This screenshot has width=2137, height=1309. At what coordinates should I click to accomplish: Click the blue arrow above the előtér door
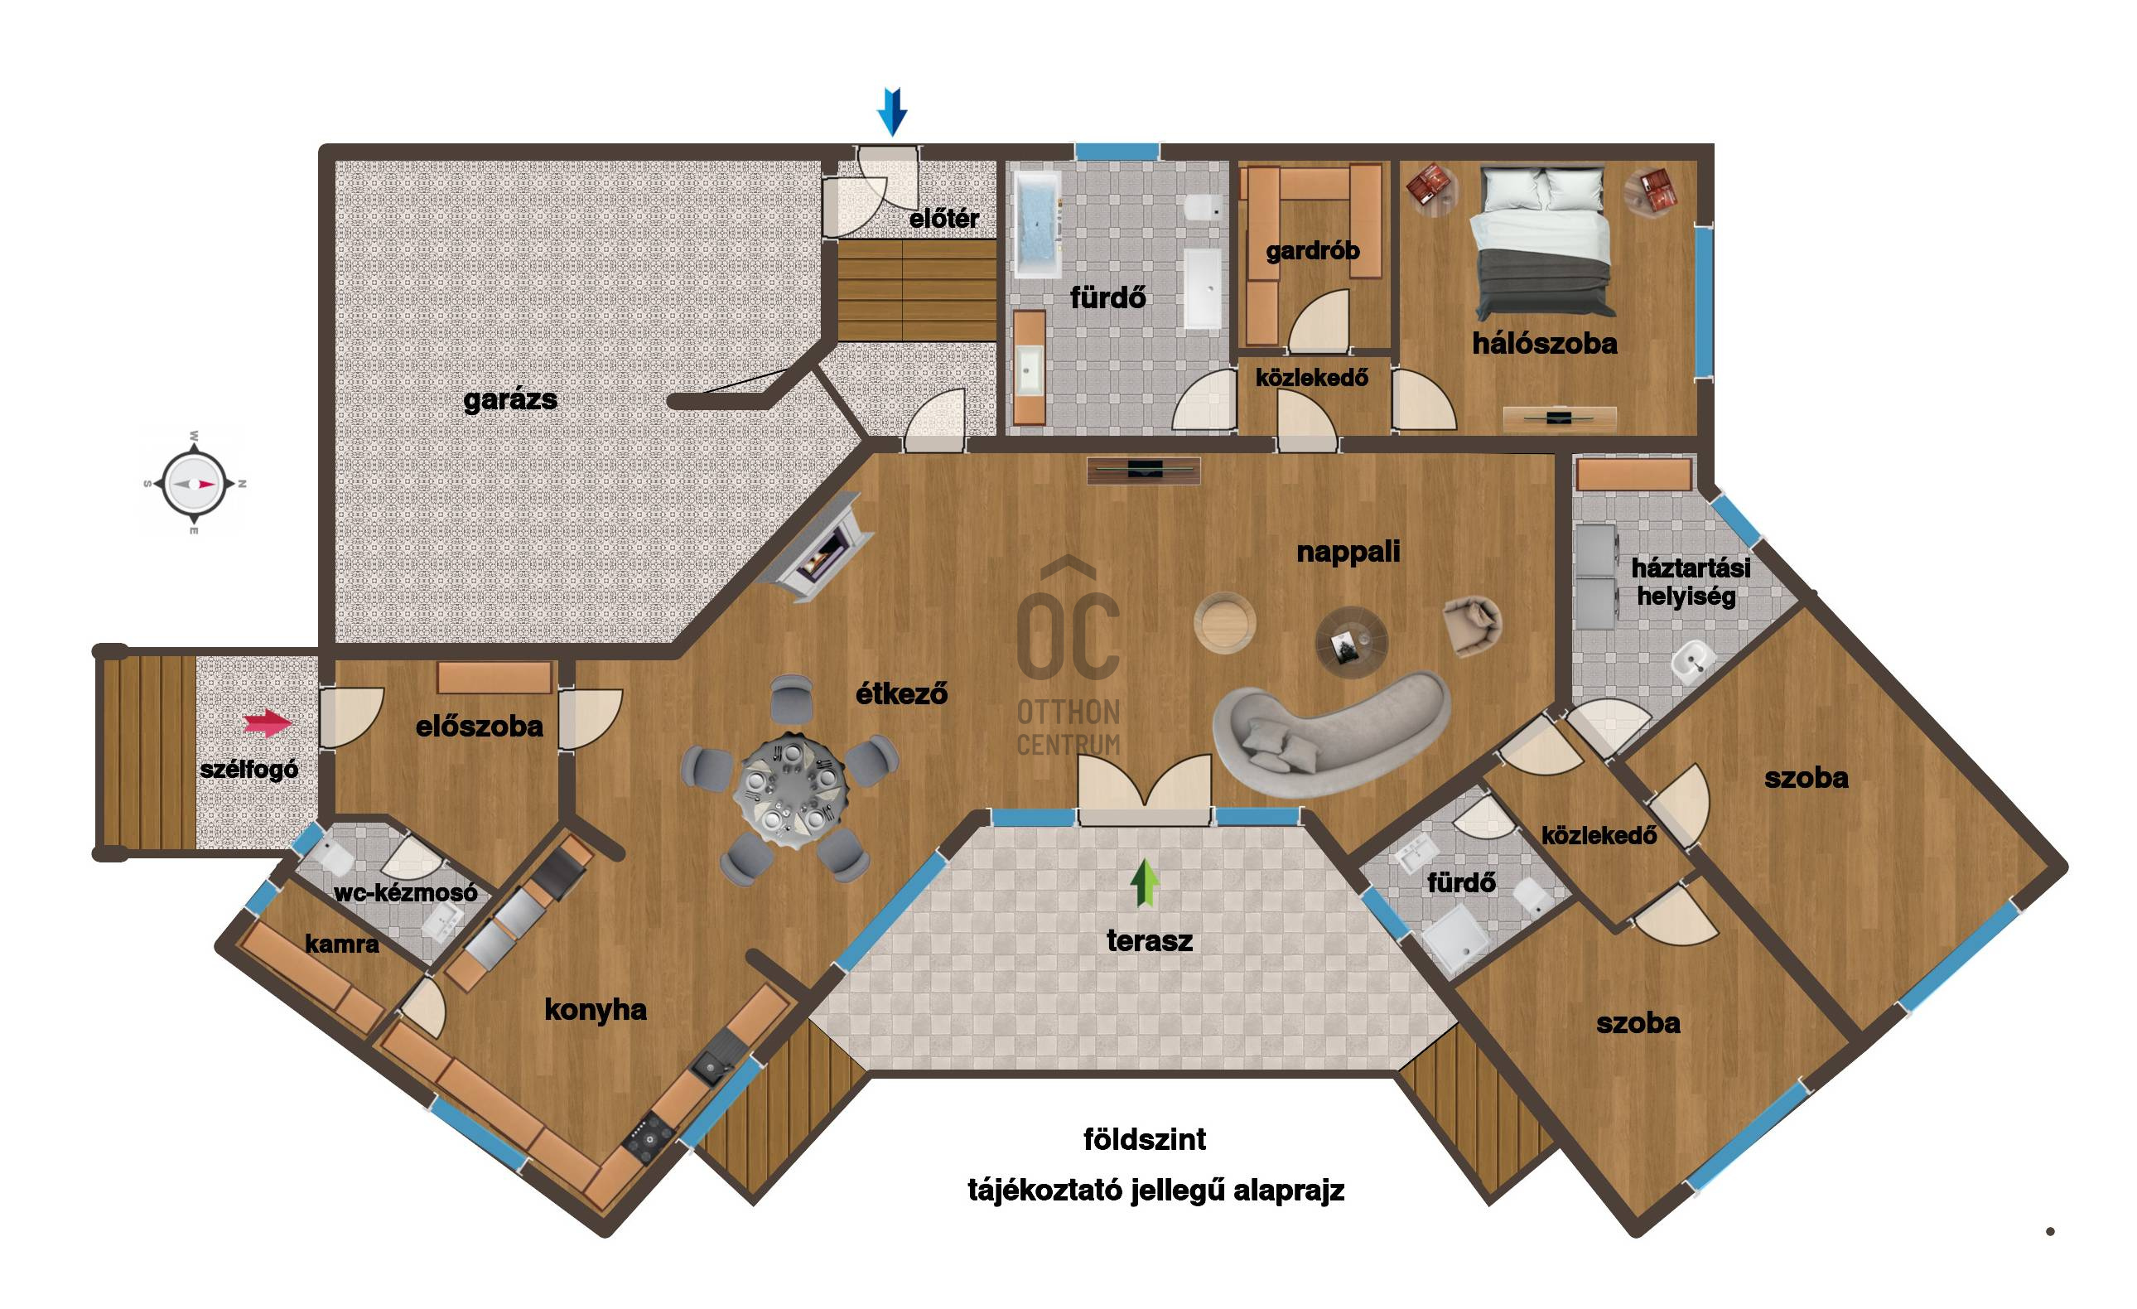(x=891, y=111)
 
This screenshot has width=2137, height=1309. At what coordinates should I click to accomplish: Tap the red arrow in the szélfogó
(x=267, y=722)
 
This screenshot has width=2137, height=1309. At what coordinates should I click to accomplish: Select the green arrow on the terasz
(x=1145, y=883)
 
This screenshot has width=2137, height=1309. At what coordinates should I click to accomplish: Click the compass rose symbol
(x=195, y=483)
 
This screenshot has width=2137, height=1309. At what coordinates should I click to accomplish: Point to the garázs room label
(x=510, y=400)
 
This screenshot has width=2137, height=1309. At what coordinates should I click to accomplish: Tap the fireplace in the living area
(x=813, y=548)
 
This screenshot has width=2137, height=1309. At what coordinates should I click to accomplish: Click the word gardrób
(x=1312, y=252)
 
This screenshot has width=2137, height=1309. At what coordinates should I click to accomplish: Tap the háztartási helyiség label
(x=1690, y=582)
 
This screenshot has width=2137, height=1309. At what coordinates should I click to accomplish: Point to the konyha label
(x=595, y=1010)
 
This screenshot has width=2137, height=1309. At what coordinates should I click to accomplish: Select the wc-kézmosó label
(x=405, y=891)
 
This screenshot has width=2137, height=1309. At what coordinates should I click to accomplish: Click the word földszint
(x=1144, y=1139)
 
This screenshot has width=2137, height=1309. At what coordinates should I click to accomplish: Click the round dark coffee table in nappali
(x=1351, y=642)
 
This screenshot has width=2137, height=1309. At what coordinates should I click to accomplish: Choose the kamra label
(x=342, y=944)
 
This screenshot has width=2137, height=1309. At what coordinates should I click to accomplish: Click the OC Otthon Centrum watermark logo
(x=1068, y=655)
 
